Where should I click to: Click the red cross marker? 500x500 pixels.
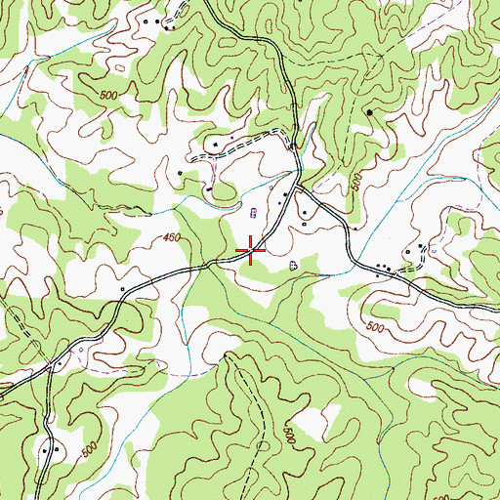(x=252, y=251)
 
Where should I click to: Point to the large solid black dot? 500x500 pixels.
(x=370, y=112)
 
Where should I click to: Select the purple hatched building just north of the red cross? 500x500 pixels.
(x=256, y=212)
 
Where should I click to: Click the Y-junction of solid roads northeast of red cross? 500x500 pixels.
(x=298, y=185)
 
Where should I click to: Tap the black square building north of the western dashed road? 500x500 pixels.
(x=215, y=145)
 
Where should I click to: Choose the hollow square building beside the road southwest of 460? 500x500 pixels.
(x=122, y=289)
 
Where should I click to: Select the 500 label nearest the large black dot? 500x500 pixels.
(x=356, y=182)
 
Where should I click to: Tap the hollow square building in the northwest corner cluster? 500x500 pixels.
(x=162, y=20)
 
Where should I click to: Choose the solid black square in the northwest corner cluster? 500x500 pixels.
(x=146, y=20)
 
